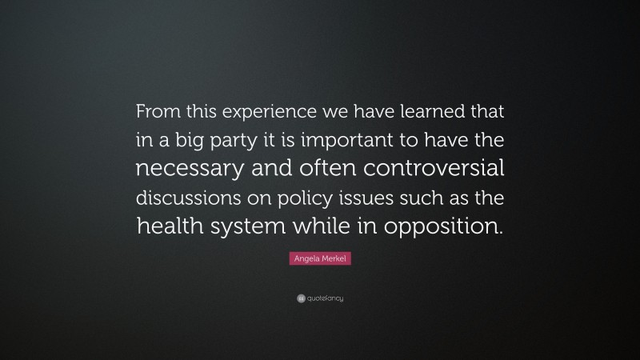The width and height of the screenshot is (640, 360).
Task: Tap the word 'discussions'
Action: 188,197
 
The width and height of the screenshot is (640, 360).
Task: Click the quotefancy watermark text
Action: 325,298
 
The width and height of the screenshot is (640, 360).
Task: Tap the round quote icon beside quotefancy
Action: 300,298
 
